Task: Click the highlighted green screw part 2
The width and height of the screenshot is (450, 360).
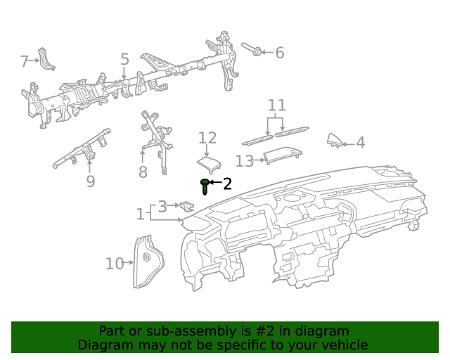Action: click(205, 186)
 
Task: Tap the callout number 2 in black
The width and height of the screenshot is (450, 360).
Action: click(226, 184)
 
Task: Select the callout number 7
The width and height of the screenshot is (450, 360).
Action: click(25, 62)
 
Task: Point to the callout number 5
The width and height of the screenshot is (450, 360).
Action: click(124, 60)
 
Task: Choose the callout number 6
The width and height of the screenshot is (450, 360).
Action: click(279, 53)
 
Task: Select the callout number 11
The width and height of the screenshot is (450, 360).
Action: click(277, 105)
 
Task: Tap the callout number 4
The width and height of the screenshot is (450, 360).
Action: click(360, 143)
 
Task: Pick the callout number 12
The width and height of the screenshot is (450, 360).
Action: click(207, 138)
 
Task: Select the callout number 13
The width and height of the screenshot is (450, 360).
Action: click(244, 162)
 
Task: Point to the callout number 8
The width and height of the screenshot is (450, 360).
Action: click(143, 172)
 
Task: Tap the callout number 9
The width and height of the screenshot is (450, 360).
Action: click(90, 181)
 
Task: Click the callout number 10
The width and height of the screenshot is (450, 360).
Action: click(114, 264)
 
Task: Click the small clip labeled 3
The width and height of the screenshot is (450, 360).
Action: click(187, 206)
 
